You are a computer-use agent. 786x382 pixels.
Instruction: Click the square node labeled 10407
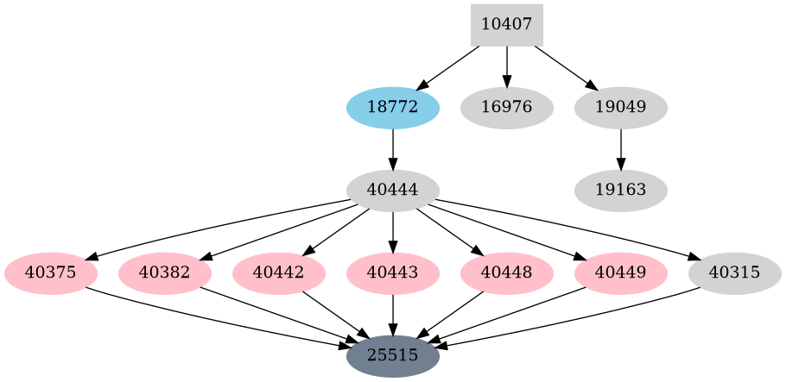(x=506, y=25)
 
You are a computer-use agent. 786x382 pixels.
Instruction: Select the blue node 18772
(x=393, y=108)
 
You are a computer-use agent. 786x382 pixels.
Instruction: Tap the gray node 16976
(x=506, y=108)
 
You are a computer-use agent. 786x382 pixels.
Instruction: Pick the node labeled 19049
(x=620, y=108)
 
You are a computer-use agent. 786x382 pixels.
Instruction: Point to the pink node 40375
(x=51, y=273)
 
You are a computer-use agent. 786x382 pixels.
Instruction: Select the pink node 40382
(x=165, y=273)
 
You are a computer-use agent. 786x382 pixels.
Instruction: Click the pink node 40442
(x=279, y=273)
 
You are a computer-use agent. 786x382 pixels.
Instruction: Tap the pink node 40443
(x=393, y=273)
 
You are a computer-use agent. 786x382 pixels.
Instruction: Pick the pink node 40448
(x=507, y=273)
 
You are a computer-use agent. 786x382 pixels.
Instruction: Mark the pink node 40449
(x=621, y=273)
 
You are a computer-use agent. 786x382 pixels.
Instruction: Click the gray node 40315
(x=734, y=273)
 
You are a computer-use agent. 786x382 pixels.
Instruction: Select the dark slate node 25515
(x=393, y=355)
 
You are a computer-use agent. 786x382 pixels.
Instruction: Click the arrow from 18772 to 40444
(x=393, y=148)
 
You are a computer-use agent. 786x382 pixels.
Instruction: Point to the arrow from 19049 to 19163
(x=620, y=148)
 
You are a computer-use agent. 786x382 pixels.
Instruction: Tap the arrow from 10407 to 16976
(x=506, y=66)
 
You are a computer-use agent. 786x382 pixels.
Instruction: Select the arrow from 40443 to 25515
(x=393, y=314)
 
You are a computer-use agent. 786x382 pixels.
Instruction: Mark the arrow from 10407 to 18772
(x=449, y=67)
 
